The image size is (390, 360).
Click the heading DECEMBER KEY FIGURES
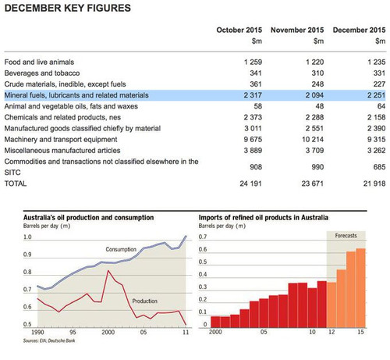[68, 8]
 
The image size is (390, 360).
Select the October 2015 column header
[239, 30]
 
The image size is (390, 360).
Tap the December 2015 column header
[359, 30]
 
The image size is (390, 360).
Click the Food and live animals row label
[39, 62]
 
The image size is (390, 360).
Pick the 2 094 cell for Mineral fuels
[314, 95]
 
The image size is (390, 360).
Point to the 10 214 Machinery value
[313, 140]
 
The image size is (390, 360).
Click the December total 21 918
[374, 184]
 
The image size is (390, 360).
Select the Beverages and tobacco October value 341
[256, 73]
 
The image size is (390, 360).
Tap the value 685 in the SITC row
[379, 167]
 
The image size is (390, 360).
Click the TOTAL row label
[16, 184]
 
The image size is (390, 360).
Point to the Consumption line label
[121, 249]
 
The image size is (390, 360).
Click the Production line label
[145, 301]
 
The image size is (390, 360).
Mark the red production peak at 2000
[108, 271]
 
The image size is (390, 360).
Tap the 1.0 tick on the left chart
[27, 237]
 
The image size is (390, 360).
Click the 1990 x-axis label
[37, 333]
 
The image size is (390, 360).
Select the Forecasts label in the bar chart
[346, 236]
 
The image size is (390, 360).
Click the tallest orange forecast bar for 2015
[360, 288]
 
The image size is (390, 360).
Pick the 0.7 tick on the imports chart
[203, 237]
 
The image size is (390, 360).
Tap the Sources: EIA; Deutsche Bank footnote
[49, 340]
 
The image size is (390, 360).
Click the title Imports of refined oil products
[264, 218]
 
